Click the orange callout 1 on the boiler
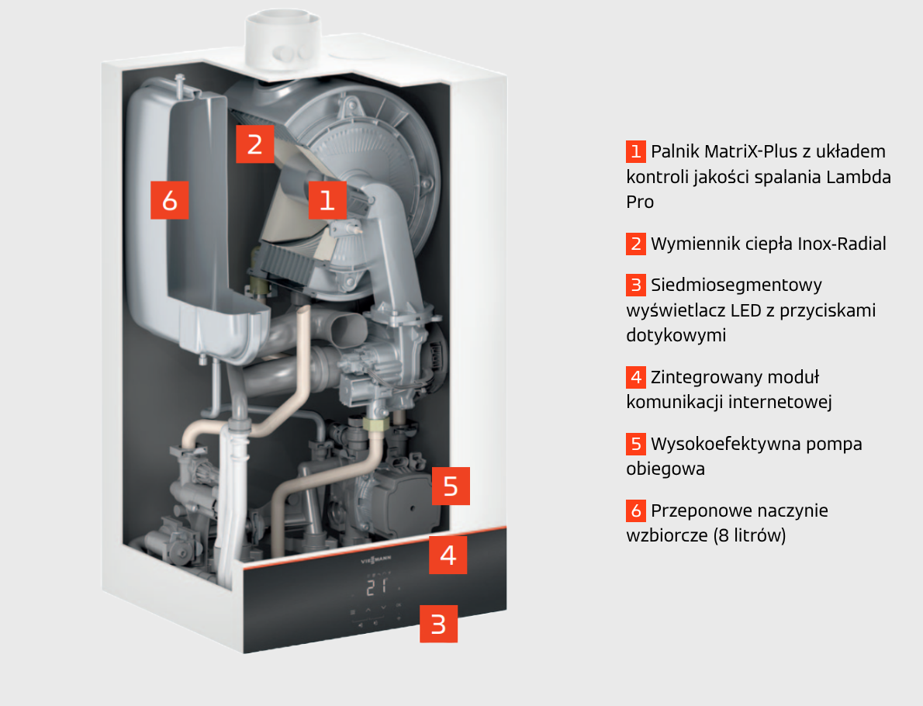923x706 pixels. click(x=327, y=200)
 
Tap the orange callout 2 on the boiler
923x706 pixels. click(x=255, y=144)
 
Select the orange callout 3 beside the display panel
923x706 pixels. click(x=438, y=624)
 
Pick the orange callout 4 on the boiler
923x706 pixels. click(x=448, y=555)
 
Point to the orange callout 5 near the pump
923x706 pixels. click(x=451, y=486)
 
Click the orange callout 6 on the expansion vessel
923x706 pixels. click(x=170, y=200)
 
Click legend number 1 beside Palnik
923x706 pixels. click(x=636, y=151)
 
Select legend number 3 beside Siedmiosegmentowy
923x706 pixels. click(x=636, y=285)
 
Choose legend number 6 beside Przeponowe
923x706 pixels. click(x=636, y=510)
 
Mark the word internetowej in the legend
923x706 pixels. click(x=780, y=402)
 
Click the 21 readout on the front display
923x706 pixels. click(x=377, y=587)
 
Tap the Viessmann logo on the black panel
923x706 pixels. click(x=375, y=559)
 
